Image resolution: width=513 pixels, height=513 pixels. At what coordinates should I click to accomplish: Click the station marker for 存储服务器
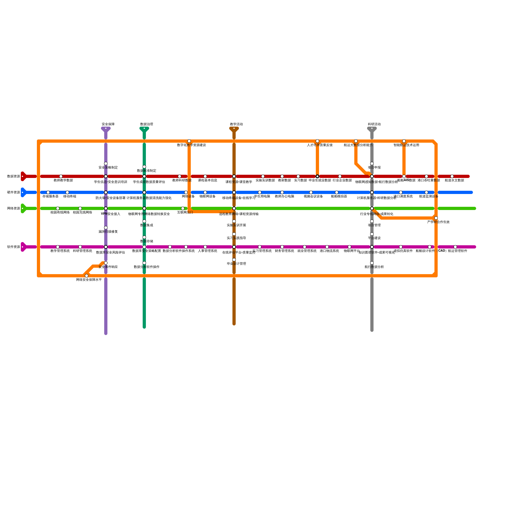click(x=48, y=192)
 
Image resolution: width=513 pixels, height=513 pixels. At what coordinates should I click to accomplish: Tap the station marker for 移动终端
click(x=67, y=192)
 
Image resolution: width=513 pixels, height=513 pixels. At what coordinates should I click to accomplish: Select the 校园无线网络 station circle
click(x=80, y=208)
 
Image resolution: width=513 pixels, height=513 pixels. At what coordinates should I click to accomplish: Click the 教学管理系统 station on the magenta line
click(x=58, y=247)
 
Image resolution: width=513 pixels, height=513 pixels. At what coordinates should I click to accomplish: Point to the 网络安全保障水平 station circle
click(x=87, y=276)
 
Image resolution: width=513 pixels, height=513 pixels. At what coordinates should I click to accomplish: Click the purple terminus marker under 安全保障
click(x=106, y=129)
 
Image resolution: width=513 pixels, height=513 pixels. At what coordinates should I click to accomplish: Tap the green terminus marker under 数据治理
click(x=144, y=129)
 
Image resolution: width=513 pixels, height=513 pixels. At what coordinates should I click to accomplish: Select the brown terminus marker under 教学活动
click(x=234, y=129)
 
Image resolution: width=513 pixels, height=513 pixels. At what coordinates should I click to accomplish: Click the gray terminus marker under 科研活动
click(x=372, y=129)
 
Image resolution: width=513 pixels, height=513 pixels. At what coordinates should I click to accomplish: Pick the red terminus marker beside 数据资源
click(x=23, y=176)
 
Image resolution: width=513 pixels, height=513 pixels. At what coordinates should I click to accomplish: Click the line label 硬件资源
click(x=14, y=192)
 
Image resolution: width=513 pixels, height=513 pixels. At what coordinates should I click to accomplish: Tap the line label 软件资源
click(x=14, y=247)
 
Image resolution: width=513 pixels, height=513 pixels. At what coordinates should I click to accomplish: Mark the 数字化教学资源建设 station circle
click(x=189, y=141)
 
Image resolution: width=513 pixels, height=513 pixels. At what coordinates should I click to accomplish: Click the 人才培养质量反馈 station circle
click(x=317, y=141)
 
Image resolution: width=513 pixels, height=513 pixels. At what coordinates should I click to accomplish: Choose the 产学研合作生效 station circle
click(x=436, y=218)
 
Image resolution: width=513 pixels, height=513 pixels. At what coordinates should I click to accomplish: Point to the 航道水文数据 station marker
click(x=452, y=176)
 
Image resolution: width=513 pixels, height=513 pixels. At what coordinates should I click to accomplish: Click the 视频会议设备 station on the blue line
click(x=311, y=192)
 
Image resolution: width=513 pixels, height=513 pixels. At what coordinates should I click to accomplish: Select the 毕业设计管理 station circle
click(x=234, y=260)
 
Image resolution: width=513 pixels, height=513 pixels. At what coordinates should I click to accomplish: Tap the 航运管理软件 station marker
click(x=455, y=247)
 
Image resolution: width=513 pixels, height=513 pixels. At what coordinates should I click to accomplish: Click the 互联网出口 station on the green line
click(x=183, y=208)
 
